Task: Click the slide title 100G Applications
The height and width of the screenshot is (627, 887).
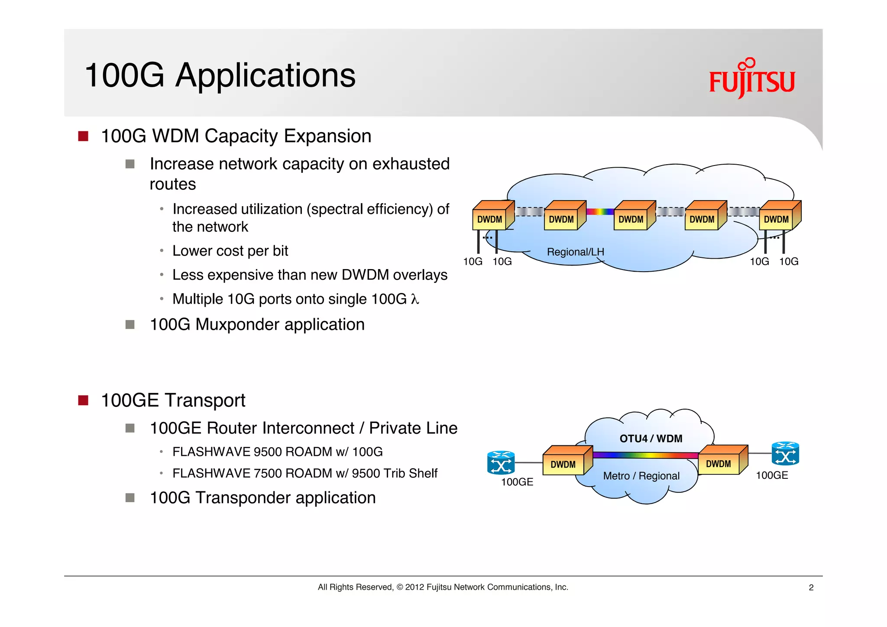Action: [220, 75]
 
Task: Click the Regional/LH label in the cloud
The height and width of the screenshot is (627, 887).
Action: [575, 252]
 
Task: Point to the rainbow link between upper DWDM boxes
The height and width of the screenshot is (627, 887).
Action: [600, 212]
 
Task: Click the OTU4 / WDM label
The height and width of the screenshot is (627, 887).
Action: [651, 439]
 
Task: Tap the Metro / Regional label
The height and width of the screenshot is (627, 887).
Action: [641, 476]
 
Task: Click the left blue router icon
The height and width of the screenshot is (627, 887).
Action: [501, 463]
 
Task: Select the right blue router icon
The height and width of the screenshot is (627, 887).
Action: [785, 454]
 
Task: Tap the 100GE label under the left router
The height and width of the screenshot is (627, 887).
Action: [517, 482]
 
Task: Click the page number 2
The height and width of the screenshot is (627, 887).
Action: [811, 588]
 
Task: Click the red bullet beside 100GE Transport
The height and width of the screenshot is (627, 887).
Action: [83, 400]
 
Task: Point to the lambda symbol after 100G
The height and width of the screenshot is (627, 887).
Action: [415, 299]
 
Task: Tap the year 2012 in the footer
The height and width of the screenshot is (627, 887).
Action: [414, 588]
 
